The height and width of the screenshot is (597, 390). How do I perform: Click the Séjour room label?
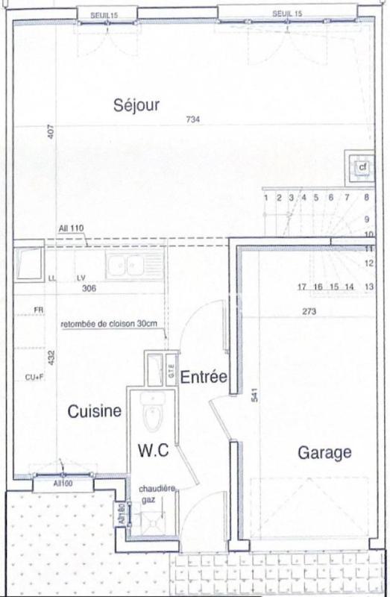[x=136, y=104]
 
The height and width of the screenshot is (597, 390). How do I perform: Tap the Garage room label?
[x=324, y=452]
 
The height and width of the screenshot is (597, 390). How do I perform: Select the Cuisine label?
[x=95, y=411]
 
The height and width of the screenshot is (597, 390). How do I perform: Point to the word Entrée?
[x=204, y=378]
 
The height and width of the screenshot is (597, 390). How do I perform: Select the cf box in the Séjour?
[x=362, y=166]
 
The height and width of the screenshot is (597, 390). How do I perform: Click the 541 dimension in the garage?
[x=254, y=398]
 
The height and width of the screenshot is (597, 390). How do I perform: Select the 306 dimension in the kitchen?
[x=89, y=288]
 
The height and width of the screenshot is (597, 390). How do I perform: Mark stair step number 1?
[x=265, y=198]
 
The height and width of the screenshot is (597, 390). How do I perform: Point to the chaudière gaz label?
[x=157, y=493]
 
